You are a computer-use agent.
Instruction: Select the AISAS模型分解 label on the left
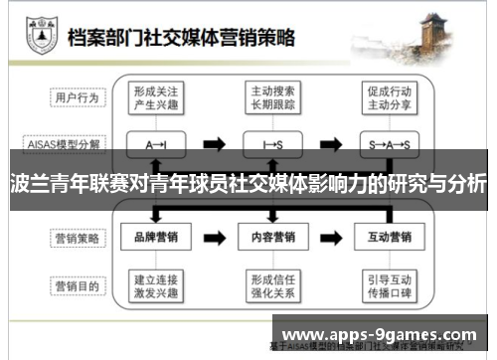tap(65, 144)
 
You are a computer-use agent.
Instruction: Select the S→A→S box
tap(388, 144)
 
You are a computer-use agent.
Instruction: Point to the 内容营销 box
tap(271, 239)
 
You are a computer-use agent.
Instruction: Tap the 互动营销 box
tap(388, 239)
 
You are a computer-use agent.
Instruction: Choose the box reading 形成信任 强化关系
tap(271, 286)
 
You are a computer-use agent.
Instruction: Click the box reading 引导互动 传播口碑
tap(388, 286)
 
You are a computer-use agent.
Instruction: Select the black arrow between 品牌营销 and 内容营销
tap(214, 239)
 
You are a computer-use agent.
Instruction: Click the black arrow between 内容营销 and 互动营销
tap(330, 239)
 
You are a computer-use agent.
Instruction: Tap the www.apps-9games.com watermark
tap(384, 334)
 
